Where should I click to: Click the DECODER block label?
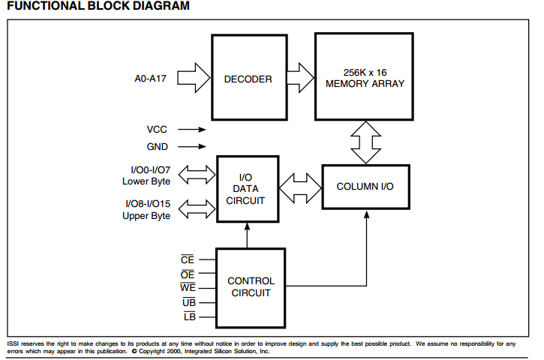click(248, 79)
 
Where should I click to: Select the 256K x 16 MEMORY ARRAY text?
click(365, 78)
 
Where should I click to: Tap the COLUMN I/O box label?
click(365, 187)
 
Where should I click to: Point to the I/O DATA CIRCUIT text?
click(245, 189)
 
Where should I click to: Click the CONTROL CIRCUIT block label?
click(251, 286)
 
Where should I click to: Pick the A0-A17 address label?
click(150, 79)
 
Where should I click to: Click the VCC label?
click(157, 129)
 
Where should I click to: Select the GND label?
click(157, 147)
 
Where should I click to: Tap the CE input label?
click(188, 259)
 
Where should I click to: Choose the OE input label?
click(188, 274)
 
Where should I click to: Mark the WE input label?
click(188, 287)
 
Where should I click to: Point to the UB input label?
click(189, 302)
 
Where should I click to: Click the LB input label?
click(190, 316)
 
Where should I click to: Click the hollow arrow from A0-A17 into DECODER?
click(194, 78)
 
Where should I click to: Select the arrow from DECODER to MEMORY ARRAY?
click(300, 78)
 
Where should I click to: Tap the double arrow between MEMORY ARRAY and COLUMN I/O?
click(365, 142)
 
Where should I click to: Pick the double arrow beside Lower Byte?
click(197, 175)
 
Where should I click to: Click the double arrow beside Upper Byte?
click(197, 209)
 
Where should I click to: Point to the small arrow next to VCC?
click(192, 129)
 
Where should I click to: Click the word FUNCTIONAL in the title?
click(46, 5)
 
